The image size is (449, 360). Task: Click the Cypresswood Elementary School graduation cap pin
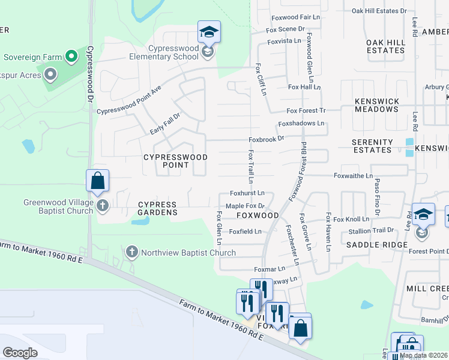pyautogui.click(x=209, y=32)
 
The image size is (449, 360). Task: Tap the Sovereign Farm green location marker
pyautogui.click(x=71, y=57)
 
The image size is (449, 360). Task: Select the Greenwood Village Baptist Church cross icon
pyautogui.click(x=103, y=206)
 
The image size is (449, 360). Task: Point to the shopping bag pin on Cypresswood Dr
pyautogui.click(x=97, y=181)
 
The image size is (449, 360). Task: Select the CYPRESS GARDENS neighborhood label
pyautogui.click(x=157, y=208)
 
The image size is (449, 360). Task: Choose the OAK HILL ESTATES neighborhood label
pyautogui.click(x=385, y=46)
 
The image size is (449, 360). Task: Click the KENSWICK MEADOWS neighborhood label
pyautogui.click(x=376, y=106)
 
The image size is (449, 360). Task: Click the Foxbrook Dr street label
pyautogui.click(x=266, y=139)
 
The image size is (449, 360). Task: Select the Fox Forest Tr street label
pyautogui.click(x=306, y=111)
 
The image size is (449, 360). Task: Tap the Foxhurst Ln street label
pyautogui.click(x=247, y=193)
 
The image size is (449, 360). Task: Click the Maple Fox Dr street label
pyautogui.click(x=245, y=206)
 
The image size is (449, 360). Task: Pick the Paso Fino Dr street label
pyautogui.click(x=377, y=196)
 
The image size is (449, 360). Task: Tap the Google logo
pyautogui.click(x=20, y=352)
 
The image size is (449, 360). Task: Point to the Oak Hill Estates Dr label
pyautogui.click(x=379, y=11)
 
